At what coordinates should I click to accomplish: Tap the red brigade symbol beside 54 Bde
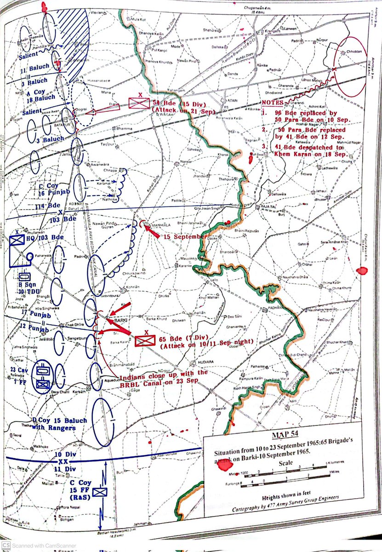[139, 102]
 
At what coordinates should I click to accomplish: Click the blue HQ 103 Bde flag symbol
[16, 240]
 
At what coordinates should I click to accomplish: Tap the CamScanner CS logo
[6, 546]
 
